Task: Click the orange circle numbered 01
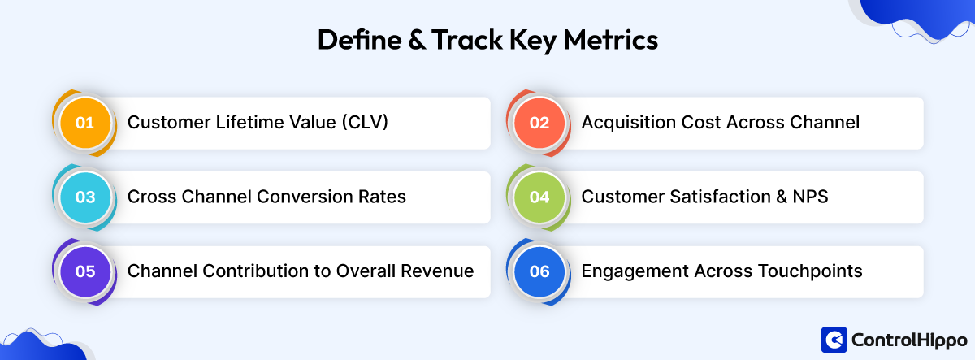click(85, 124)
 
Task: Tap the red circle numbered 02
click(539, 124)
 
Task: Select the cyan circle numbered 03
click(85, 197)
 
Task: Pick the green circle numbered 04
click(539, 197)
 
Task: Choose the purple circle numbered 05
click(85, 271)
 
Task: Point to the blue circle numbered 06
click(539, 271)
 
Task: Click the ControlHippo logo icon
click(834, 339)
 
